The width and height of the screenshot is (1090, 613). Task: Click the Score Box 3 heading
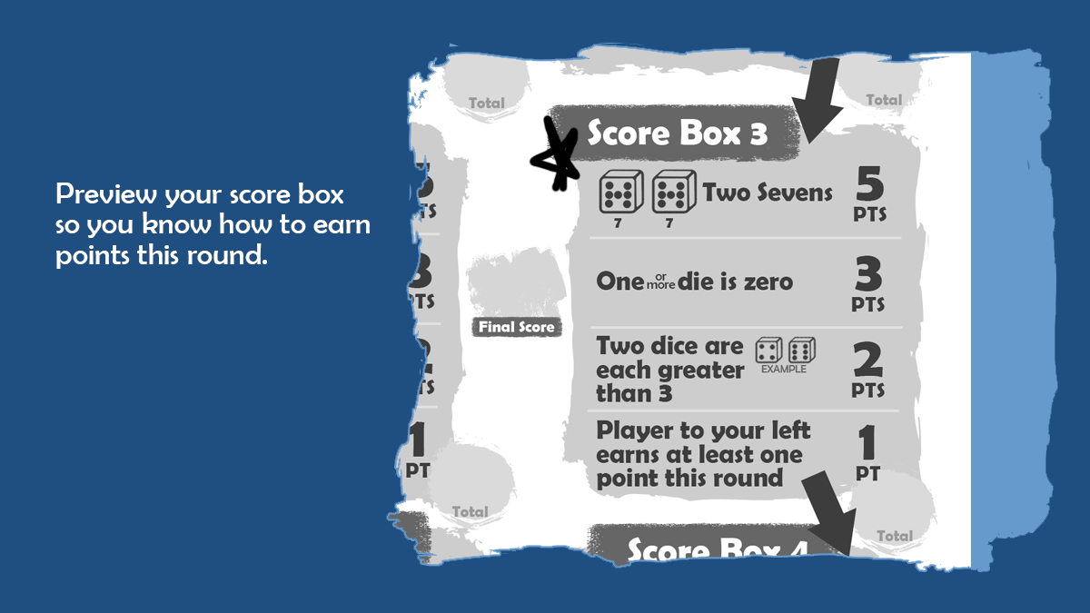[677, 133]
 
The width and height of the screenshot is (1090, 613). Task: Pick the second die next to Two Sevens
[673, 193]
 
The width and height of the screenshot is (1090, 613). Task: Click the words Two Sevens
[768, 193]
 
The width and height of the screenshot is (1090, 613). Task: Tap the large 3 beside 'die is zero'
[868, 274]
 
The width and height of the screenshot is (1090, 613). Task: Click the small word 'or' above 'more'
[660, 273]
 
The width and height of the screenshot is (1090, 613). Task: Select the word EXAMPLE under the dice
[783, 370]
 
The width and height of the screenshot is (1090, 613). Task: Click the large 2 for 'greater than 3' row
[868, 361]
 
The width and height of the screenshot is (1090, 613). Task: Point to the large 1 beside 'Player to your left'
[867, 443]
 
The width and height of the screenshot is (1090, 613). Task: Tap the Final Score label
[517, 327]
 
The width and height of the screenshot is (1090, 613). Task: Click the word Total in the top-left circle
[486, 103]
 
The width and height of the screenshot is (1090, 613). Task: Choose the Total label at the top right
[883, 100]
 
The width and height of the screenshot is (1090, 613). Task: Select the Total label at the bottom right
[894, 536]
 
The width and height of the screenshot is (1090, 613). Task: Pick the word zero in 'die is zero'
[766, 282]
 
